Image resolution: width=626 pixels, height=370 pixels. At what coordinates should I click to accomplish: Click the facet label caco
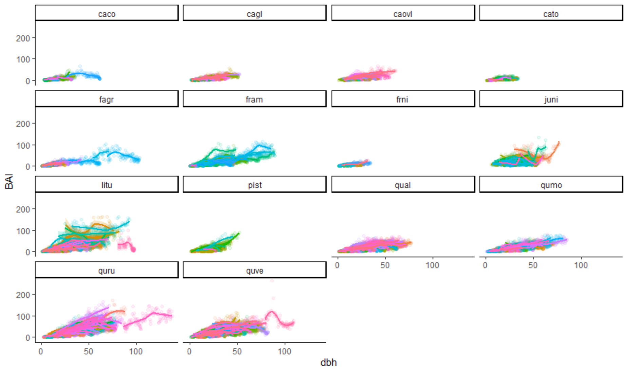[107, 14]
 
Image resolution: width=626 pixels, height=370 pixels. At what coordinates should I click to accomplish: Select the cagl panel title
[254, 14]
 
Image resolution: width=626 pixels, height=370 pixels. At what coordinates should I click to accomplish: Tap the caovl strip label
[402, 14]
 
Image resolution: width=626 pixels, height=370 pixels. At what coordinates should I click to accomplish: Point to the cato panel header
[551, 14]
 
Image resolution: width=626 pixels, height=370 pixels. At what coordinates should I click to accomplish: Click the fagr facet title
[107, 99]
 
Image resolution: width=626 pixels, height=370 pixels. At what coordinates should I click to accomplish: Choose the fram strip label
[254, 99]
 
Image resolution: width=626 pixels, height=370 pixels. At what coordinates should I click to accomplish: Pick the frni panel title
[402, 99]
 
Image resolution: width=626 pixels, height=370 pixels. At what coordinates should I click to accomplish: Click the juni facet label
[551, 99]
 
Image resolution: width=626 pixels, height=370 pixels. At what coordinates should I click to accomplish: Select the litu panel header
[107, 185]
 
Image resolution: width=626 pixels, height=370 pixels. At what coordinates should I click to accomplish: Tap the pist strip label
[254, 185]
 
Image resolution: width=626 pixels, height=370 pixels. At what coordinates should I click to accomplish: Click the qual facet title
[402, 185]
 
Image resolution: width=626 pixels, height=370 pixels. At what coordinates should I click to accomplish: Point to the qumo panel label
[551, 185]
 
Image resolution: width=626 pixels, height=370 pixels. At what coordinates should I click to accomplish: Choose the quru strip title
[107, 271]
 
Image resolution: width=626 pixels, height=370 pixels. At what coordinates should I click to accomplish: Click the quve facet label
[254, 271]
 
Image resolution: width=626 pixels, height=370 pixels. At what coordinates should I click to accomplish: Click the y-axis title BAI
[9, 182]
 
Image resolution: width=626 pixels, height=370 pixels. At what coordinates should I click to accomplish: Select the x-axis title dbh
[328, 363]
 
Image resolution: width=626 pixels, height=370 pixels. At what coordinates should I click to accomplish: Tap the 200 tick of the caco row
[23, 38]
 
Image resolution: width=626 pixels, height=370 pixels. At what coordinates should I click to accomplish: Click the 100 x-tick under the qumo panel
[581, 265]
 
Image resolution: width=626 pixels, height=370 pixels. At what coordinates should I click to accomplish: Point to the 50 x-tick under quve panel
[237, 351]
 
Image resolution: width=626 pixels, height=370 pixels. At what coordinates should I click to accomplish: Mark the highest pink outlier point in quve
[272, 280]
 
